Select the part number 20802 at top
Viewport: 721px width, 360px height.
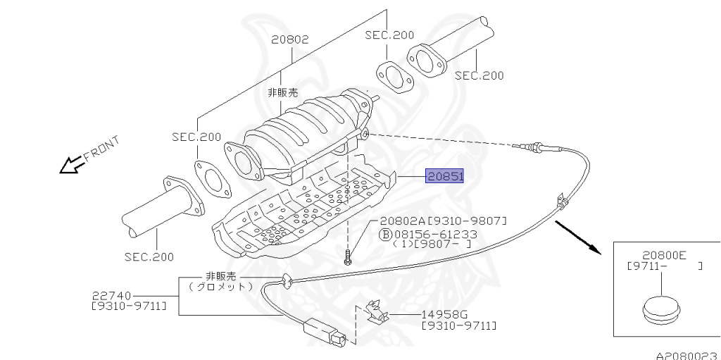coord(290,39)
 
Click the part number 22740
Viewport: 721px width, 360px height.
coord(113,295)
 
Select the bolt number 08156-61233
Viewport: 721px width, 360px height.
coord(436,233)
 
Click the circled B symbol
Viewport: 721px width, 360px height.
coord(386,233)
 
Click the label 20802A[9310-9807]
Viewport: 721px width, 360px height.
coord(443,221)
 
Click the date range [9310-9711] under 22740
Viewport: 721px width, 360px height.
coord(129,306)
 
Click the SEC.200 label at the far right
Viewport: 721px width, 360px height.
coord(479,75)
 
